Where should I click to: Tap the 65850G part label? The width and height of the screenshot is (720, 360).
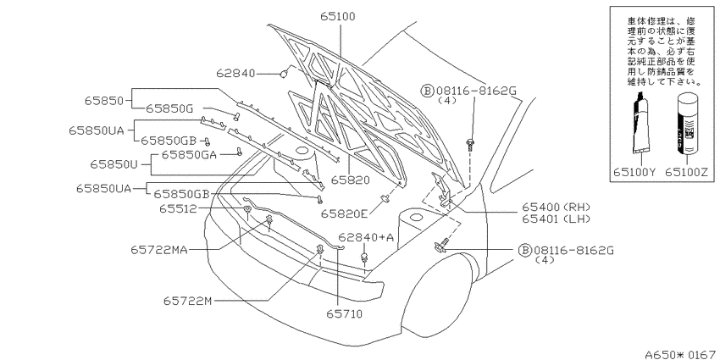point(170,108)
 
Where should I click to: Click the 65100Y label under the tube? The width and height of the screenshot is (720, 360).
point(634,171)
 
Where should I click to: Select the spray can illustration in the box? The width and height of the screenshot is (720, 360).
point(685,125)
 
